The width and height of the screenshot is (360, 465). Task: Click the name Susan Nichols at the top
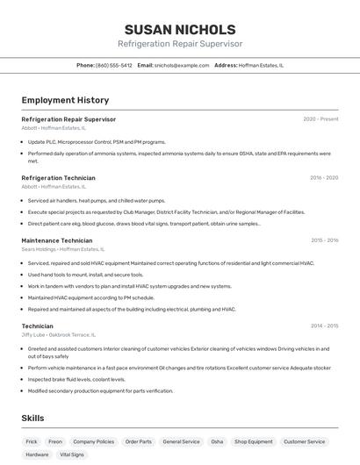[x=180, y=30]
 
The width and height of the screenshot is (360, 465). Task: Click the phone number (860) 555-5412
[x=113, y=65]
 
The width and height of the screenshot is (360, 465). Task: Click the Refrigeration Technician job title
[x=58, y=178]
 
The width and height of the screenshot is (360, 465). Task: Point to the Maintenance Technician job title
[x=56, y=240]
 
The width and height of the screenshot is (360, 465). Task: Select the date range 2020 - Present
[x=320, y=119]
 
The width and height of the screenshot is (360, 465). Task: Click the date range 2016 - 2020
[x=323, y=178]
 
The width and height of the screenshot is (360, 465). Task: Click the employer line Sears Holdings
[x=58, y=249]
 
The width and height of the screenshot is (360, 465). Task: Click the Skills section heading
[x=32, y=418]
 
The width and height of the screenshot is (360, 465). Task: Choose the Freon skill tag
[x=55, y=442]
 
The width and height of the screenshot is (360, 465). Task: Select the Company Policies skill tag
[x=93, y=442]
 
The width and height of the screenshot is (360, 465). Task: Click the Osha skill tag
[x=217, y=442]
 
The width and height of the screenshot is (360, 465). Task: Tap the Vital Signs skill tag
[x=71, y=455]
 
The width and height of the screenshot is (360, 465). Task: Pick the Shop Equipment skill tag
[x=253, y=442]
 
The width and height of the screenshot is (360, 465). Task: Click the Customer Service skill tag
[x=304, y=442]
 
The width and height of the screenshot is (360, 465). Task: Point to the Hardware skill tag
[x=37, y=455]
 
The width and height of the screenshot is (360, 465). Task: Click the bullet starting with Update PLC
[x=97, y=141]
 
